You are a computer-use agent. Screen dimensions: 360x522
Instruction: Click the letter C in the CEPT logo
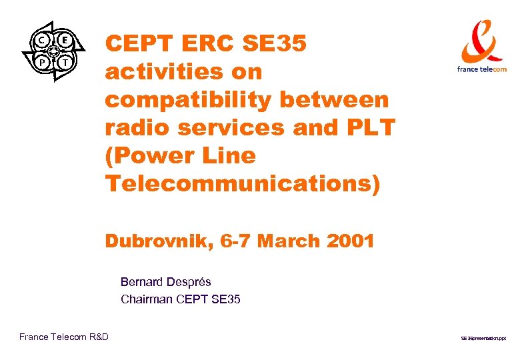(42, 40)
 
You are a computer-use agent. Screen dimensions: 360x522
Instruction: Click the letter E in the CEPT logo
(65, 39)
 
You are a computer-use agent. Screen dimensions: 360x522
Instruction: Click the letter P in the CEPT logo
(41, 62)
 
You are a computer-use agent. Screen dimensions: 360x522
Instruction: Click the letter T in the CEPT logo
(65, 62)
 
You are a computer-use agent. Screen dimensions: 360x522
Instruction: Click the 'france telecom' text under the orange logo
(482, 69)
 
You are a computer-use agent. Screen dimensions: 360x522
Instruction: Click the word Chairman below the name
(147, 299)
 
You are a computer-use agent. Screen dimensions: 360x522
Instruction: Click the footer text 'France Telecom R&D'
(64, 337)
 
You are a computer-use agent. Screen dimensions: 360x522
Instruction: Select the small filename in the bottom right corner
(483, 339)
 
